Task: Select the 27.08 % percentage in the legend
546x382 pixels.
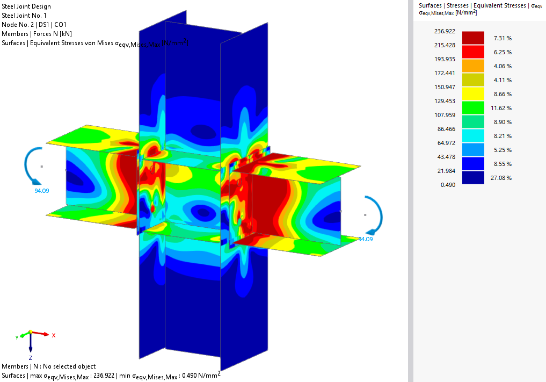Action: (x=501, y=178)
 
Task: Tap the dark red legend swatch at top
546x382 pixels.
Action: (x=473, y=38)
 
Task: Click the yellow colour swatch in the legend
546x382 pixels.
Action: (x=473, y=93)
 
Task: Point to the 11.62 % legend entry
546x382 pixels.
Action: (x=501, y=108)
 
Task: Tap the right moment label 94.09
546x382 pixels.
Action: (x=365, y=239)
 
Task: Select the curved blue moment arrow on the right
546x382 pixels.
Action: (x=376, y=215)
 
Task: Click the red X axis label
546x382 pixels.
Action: (x=54, y=335)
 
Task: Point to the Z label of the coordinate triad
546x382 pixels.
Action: (x=31, y=357)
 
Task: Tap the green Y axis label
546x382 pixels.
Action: (x=17, y=337)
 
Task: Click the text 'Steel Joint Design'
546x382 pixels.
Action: (x=27, y=6)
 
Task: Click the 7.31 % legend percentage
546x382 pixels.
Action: (x=501, y=38)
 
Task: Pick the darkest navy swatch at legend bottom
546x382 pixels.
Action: (x=473, y=177)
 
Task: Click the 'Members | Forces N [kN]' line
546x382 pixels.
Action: (x=37, y=34)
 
